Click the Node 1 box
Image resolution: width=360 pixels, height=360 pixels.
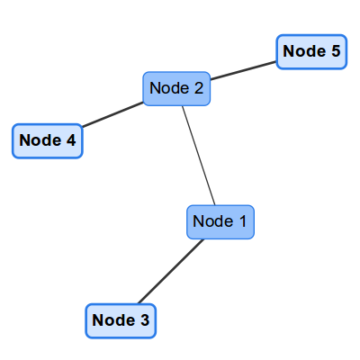pyautogui.click(x=220, y=222)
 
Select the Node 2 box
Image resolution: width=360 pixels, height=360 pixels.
pyautogui.click(x=176, y=88)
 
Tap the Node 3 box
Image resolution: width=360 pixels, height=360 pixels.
pyautogui.click(x=121, y=321)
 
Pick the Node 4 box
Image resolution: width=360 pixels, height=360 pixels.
pyautogui.click(x=48, y=141)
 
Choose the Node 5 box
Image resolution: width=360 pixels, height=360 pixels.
pyautogui.click(x=311, y=52)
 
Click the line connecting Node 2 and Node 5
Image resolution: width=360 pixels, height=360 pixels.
pyautogui.click(x=243, y=71)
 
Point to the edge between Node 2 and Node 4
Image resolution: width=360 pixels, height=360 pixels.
pyautogui.click(x=112, y=114)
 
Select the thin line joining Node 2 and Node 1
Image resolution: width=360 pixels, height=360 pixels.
pyautogui.click(x=199, y=156)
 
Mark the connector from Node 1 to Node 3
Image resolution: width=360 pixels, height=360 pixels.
pyautogui.click(x=171, y=271)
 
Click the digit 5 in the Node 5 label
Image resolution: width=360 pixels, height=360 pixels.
pyautogui.click(x=336, y=51)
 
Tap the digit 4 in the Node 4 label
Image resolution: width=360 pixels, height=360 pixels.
pyautogui.click(x=71, y=140)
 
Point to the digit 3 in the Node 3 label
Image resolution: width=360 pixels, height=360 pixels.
pyautogui.click(x=145, y=320)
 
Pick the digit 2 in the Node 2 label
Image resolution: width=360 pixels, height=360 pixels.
pyautogui.click(x=199, y=88)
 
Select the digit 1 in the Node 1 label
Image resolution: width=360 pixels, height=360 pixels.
pyautogui.click(x=242, y=221)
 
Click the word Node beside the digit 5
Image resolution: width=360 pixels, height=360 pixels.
pyautogui.click(x=304, y=51)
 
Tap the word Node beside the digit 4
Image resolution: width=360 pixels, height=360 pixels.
pyautogui.click(x=40, y=140)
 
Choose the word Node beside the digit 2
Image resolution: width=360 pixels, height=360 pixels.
pyautogui.click(x=169, y=88)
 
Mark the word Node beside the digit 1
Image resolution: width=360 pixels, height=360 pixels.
pyautogui.click(x=213, y=221)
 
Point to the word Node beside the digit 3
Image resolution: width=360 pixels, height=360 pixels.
pyautogui.click(x=113, y=319)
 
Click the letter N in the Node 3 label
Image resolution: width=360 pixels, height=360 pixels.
pyautogui.click(x=98, y=319)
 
